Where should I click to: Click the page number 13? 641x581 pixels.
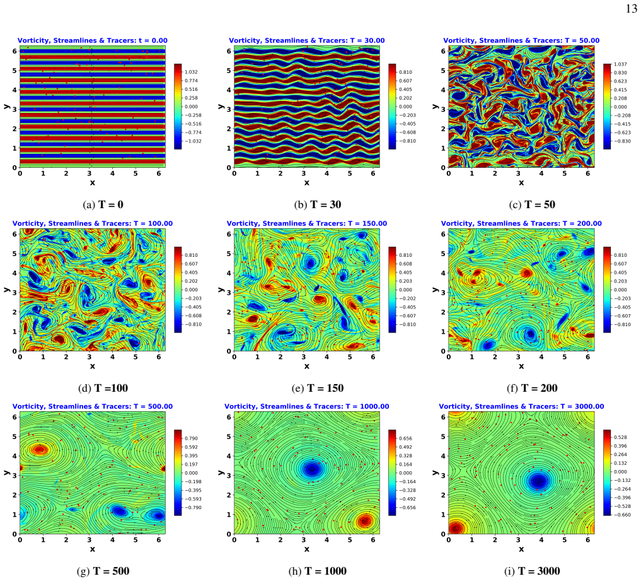[x=631, y=9]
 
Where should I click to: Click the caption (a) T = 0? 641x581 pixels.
[x=103, y=204]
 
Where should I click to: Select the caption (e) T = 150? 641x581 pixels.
[x=318, y=388]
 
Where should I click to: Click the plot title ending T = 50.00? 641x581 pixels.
[x=521, y=40]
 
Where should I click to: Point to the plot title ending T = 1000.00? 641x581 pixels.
[x=306, y=406]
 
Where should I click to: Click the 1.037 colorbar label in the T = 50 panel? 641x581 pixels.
[x=620, y=64]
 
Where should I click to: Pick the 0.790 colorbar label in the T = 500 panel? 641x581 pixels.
[x=191, y=438]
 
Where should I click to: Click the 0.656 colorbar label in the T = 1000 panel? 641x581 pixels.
[x=405, y=438]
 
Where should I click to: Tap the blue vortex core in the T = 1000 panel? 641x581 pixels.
[x=313, y=469]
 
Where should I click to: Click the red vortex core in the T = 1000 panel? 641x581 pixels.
[x=365, y=521]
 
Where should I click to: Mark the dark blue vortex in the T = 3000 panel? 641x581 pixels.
[x=539, y=481]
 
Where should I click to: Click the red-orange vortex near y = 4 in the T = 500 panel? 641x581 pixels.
[x=40, y=450]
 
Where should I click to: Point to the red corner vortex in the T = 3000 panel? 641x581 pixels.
[x=456, y=528]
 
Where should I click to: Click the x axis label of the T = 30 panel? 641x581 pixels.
[x=306, y=182]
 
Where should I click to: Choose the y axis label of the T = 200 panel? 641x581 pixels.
[x=436, y=290]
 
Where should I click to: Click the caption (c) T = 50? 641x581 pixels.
[x=532, y=204]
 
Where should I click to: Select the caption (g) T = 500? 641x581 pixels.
[x=103, y=571]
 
